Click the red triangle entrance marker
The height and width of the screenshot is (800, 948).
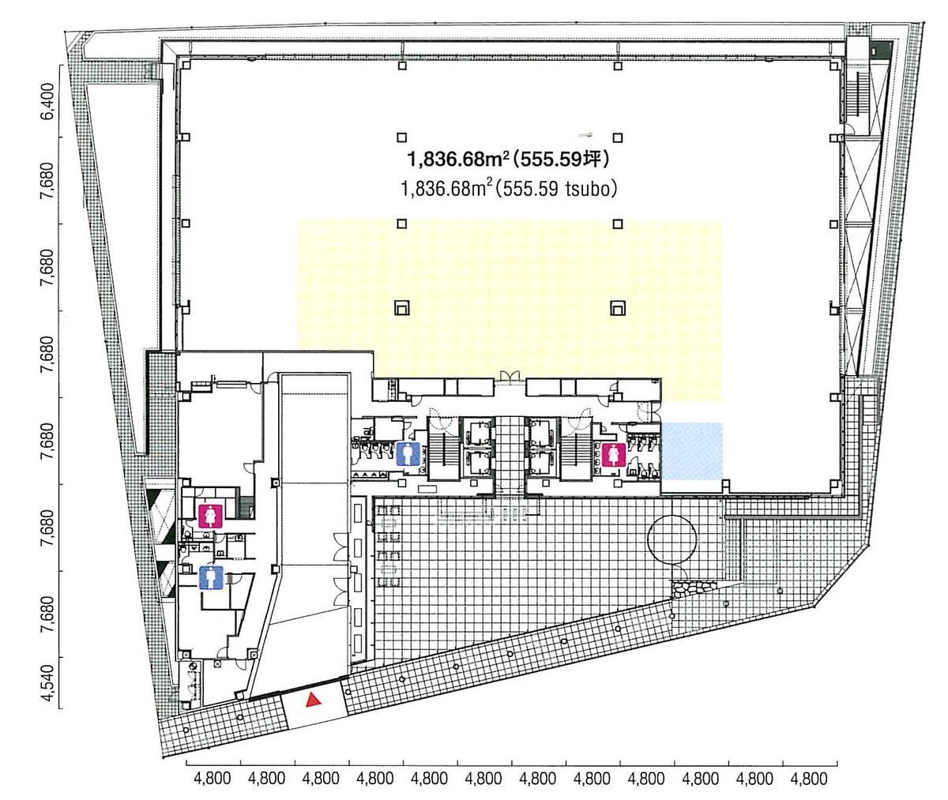[313, 700]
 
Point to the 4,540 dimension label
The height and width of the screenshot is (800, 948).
[47, 682]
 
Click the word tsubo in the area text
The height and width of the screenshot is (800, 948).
[588, 189]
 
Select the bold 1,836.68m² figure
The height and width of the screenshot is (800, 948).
[458, 160]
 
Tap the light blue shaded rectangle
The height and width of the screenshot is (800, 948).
[691, 451]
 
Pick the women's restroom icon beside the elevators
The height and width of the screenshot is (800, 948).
[614, 454]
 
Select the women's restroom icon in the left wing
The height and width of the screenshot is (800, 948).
[210, 516]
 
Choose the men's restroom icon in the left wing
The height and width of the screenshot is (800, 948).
[211, 577]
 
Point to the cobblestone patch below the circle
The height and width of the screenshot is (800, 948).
[693, 588]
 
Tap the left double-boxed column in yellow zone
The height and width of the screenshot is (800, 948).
[402, 307]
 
